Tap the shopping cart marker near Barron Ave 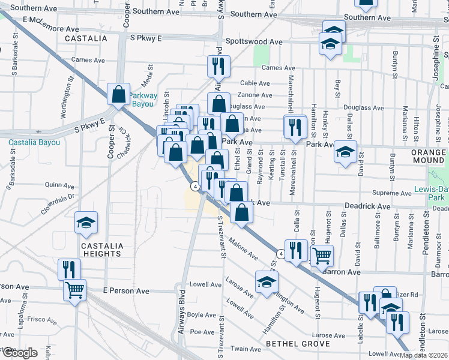click(x=322, y=256)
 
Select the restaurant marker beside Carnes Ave click(x=218, y=66)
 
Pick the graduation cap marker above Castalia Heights click(x=86, y=223)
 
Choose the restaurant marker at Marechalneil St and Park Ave click(x=294, y=127)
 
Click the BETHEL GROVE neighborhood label click(x=298, y=344)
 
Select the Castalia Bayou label click(x=34, y=142)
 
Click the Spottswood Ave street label click(x=254, y=42)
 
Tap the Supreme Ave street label click(x=391, y=193)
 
